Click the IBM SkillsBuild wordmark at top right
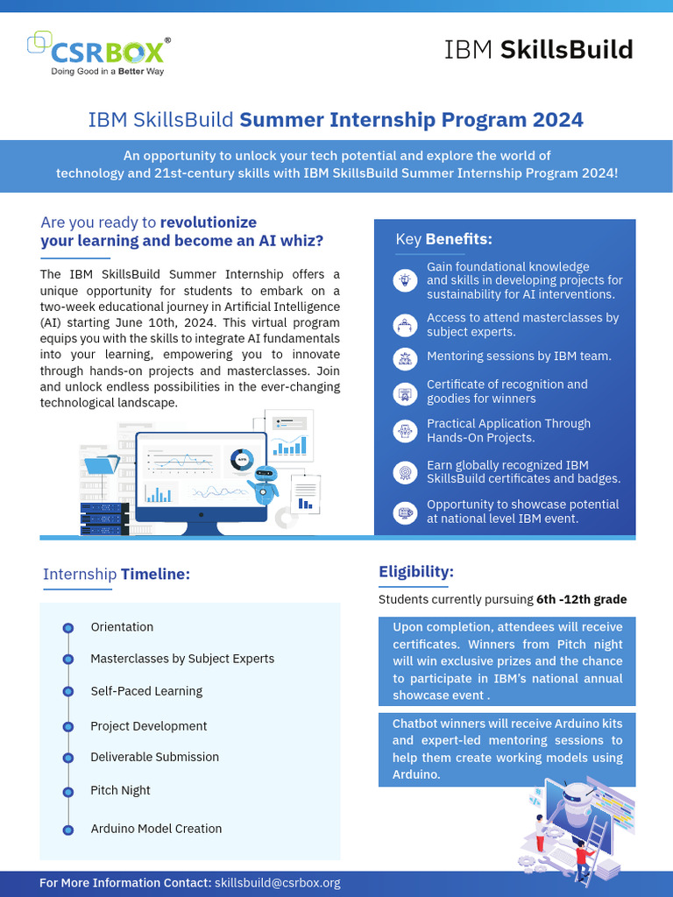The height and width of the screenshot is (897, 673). point(538,50)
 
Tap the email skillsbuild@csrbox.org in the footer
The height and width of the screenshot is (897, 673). point(277,883)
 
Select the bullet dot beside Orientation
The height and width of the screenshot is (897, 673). point(67,628)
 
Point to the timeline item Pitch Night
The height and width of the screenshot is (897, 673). point(120,790)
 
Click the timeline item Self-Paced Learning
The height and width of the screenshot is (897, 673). point(146,691)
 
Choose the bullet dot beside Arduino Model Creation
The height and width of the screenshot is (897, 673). point(67,830)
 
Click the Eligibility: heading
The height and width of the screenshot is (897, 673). point(416,572)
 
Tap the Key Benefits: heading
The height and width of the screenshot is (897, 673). point(443,239)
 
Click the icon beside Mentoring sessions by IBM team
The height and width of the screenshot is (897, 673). point(405,357)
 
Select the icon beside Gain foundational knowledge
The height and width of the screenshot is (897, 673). point(405,280)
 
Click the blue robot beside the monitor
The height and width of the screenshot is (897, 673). point(263,484)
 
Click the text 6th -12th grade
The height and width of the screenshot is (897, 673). point(581,600)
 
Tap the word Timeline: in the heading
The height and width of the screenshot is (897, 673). point(155,575)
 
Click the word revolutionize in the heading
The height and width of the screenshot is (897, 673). point(209,222)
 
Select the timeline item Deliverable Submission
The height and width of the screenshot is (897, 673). point(154,757)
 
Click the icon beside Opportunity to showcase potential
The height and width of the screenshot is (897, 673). point(405,512)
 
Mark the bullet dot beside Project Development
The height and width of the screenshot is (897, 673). point(67,727)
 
